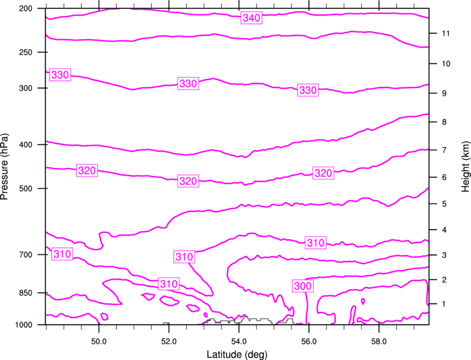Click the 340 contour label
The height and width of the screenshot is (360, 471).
coord(252,18)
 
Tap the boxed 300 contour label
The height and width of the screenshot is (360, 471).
coord(303,286)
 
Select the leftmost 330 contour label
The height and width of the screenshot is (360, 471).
coord(60,75)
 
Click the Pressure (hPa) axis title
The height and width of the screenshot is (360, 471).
coord(4,167)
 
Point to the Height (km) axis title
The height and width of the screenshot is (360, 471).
coord(465,167)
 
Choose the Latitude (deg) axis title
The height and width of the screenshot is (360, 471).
coord(237,354)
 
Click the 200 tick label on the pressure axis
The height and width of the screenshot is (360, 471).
coord(25,8)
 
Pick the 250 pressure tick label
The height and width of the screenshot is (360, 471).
coord(25,52)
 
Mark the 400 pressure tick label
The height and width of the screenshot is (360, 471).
coord(25,145)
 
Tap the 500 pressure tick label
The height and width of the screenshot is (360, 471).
coord(25,188)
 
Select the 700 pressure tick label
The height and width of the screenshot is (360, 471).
coord(25,255)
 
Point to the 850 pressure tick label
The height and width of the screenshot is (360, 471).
coord(25,293)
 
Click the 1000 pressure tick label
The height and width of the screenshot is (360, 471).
coord(23,325)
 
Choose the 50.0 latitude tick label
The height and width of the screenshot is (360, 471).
coord(99,341)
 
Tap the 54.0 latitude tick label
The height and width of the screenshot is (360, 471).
coord(239,341)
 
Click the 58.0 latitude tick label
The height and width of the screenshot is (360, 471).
coord(379,341)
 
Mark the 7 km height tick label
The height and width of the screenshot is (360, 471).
coord(444,150)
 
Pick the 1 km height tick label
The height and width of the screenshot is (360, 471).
coord(444,304)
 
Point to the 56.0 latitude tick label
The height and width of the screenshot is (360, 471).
coord(309,341)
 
